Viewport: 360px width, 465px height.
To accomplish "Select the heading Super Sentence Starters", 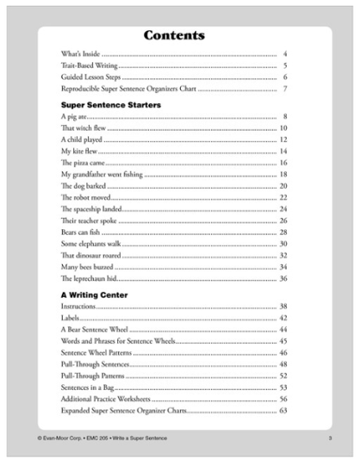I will coord(111,104).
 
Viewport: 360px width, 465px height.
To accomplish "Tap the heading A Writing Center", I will coord(95,294).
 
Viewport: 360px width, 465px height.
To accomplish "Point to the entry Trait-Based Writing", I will coord(89,65).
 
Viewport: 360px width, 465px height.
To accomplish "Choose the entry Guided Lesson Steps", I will coord(90,77).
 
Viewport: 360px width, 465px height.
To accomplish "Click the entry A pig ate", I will coord(75,116).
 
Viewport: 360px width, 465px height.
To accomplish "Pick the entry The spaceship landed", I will coord(90,208).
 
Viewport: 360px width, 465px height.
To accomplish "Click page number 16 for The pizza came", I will coord(282,163).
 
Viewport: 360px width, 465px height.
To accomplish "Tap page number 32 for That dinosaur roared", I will coord(282,255).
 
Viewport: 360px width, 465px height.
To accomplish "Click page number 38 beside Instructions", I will coord(282,307).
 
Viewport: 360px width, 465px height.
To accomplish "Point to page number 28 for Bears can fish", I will coord(282,232).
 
